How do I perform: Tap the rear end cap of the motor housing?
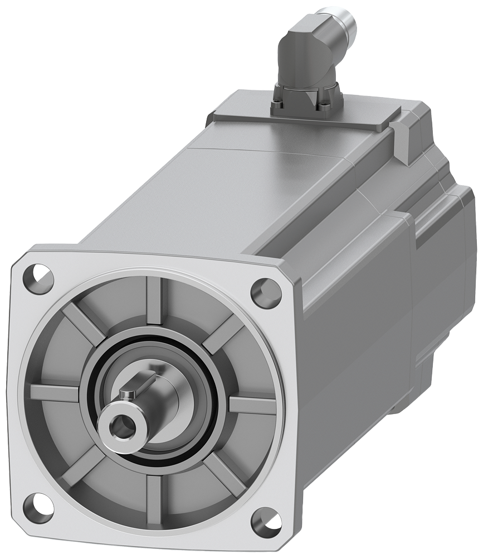[446, 268]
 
